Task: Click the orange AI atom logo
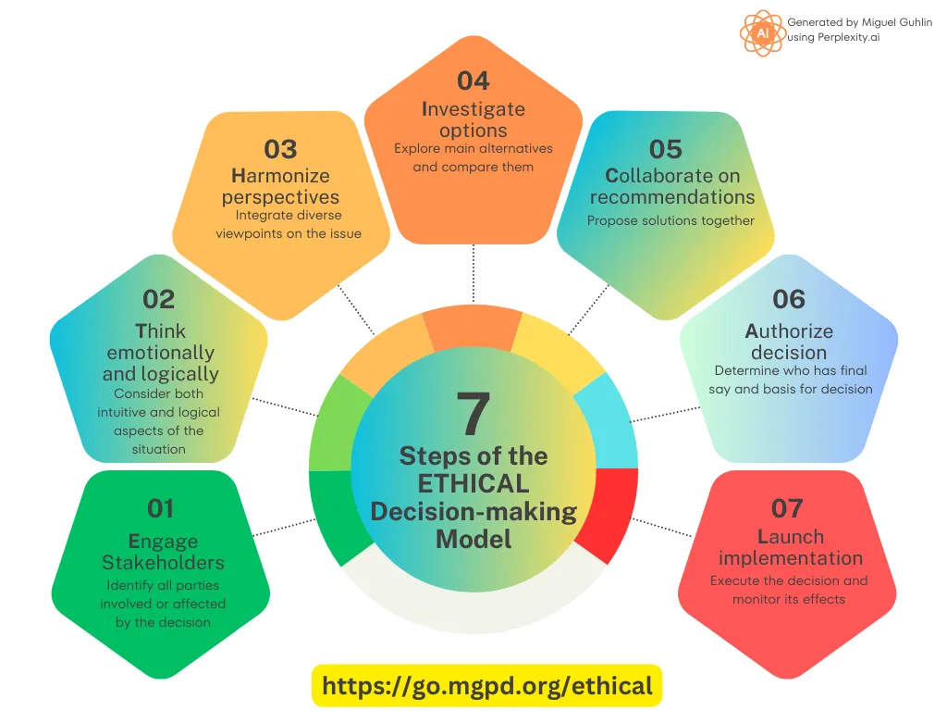coord(763,32)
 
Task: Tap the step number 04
coord(473,81)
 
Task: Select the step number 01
coord(161,508)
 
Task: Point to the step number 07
coord(787,508)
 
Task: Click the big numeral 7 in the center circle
coord(473,414)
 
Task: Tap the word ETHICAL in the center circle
coord(473,483)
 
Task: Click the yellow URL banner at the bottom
coord(486,686)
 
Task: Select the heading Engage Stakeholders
coord(163,552)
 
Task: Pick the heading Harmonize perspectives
coord(281,186)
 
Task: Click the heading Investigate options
coord(473,119)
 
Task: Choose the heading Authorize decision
coord(789,342)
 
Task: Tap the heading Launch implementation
coord(791,547)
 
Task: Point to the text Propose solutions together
coord(671,220)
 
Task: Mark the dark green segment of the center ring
coord(334,514)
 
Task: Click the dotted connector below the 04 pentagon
coord(473,273)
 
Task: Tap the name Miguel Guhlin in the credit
coord(897,22)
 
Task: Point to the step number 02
coord(159,299)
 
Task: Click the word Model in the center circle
coord(473,540)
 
